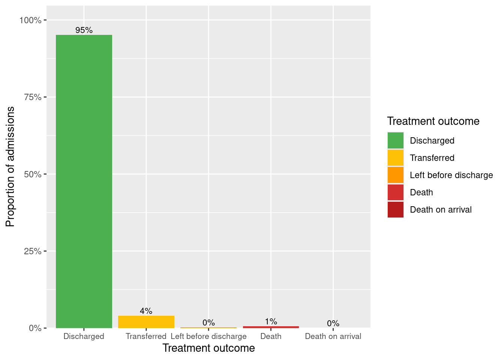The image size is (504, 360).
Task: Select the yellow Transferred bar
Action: [x=146, y=322]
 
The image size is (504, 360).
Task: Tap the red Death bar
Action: [x=271, y=327]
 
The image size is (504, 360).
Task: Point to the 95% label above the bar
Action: [x=84, y=30]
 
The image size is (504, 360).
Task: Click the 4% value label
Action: [x=146, y=311]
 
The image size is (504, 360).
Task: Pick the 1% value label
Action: [x=271, y=321]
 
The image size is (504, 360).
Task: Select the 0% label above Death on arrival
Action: [x=333, y=323]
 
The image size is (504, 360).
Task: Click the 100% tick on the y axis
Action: [x=30, y=20]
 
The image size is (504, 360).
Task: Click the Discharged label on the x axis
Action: [x=84, y=336]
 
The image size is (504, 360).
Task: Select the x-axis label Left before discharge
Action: [x=208, y=336]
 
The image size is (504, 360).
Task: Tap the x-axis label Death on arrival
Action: [x=333, y=336]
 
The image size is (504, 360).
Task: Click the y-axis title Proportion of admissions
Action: [x=10, y=166]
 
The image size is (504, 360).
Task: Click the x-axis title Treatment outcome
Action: [x=208, y=348]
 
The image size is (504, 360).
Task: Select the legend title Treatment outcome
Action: [x=433, y=121]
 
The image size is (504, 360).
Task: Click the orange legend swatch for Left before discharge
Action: [x=396, y=175]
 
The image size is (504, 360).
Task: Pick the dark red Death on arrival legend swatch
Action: [x=396, y=210]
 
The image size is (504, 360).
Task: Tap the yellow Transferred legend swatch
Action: [x=396, y=158]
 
